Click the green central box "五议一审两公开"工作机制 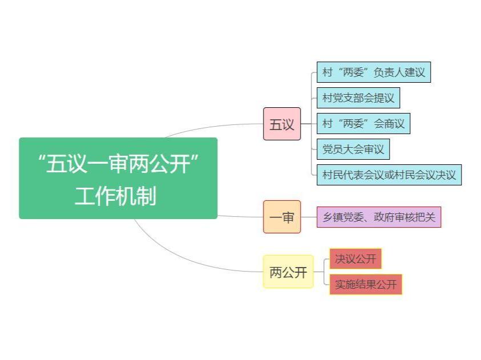coord(118,178)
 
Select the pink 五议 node coord(282,124)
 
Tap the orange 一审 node coord(282,217)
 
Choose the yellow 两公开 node coord(288,272)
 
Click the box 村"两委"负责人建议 coord(374,72)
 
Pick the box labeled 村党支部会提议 coord(358,98)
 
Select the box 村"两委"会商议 coord(363,123)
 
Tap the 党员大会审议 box coord(353,149)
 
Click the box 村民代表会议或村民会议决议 coord(389,175)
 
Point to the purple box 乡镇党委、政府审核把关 coord(379,217)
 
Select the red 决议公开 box coord(355,258)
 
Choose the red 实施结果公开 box coord(366,284)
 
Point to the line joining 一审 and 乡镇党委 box coord(309,217)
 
